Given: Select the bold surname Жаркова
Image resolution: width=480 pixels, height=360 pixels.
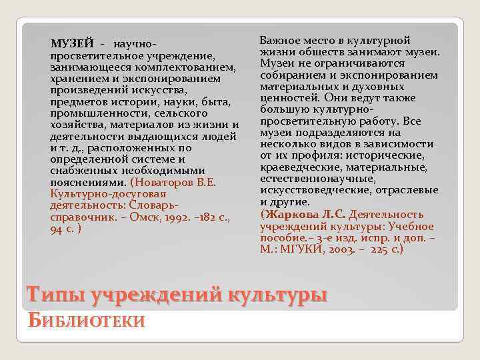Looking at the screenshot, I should (287, 214).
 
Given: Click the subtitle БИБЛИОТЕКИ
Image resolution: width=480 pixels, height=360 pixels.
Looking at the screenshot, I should (86, 320).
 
